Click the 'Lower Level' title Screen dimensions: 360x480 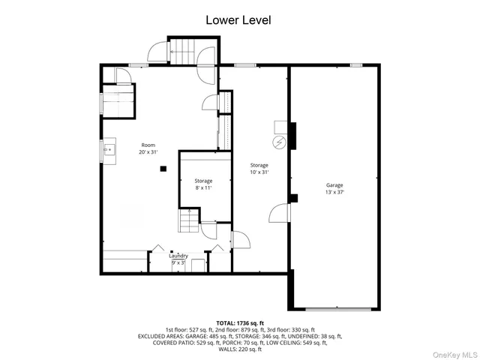click(x=238, y=20)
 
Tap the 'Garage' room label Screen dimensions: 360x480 click(x=334, y=184)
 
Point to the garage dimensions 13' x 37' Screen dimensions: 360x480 click(x=334, y=193)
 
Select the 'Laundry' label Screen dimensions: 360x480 click(x=178, y=256)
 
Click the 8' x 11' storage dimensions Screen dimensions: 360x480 click(x=203, y=188)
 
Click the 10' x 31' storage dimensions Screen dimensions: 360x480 click(x=259, y=172)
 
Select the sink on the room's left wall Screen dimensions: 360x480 click(x=107, y=150)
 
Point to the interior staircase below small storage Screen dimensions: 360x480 click(x=187, y=221)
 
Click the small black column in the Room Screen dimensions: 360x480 click(x=163, y=169)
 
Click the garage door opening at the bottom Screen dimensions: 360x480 click(x=337, y=308)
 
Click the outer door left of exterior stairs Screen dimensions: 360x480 click(x=157, y=52)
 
